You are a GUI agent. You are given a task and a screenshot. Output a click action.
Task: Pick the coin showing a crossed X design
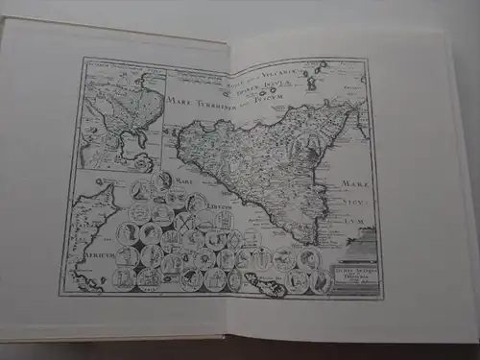point(185,223)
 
